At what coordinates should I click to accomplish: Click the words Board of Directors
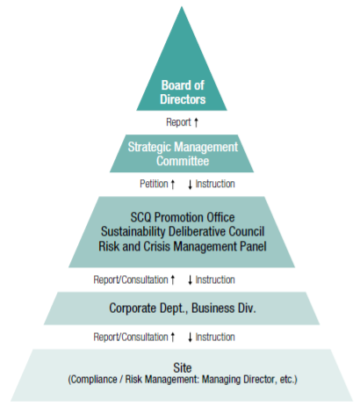183,92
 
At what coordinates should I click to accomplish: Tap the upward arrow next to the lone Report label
196,122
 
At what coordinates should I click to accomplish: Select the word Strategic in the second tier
148,147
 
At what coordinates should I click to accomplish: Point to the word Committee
183,161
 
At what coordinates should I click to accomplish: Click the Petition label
154,184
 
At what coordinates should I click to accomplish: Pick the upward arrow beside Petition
173,185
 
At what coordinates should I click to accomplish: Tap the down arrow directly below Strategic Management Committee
190,185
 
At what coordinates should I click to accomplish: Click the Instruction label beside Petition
215,184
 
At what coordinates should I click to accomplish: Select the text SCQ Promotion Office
183,217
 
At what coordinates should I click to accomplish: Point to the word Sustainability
133,232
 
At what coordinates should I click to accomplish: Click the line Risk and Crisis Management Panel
183,246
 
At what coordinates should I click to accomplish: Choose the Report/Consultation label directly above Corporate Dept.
131,280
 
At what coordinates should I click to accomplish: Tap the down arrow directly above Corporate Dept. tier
190,280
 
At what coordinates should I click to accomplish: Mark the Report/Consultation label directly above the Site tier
131,337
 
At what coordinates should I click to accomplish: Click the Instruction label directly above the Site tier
215,337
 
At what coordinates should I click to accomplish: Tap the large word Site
183,367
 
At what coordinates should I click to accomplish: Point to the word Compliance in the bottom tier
94,380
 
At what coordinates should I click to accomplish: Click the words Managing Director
239,380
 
